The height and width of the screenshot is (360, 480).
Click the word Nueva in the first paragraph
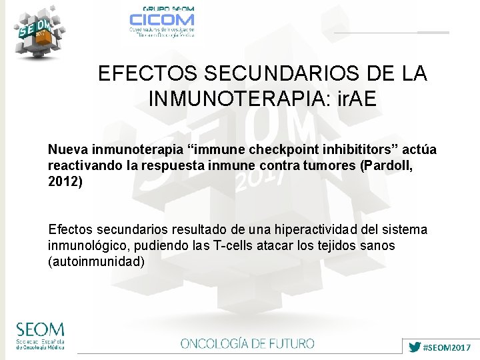67,148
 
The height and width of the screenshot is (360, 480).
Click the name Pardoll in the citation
386,165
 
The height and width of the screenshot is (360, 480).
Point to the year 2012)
65,181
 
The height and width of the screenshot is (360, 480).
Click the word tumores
328,165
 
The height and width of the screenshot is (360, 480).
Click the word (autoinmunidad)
96,261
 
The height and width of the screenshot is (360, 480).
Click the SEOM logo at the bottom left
41,336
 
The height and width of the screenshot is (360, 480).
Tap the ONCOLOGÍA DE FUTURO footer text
247,344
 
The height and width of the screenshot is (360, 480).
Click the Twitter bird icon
415,347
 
